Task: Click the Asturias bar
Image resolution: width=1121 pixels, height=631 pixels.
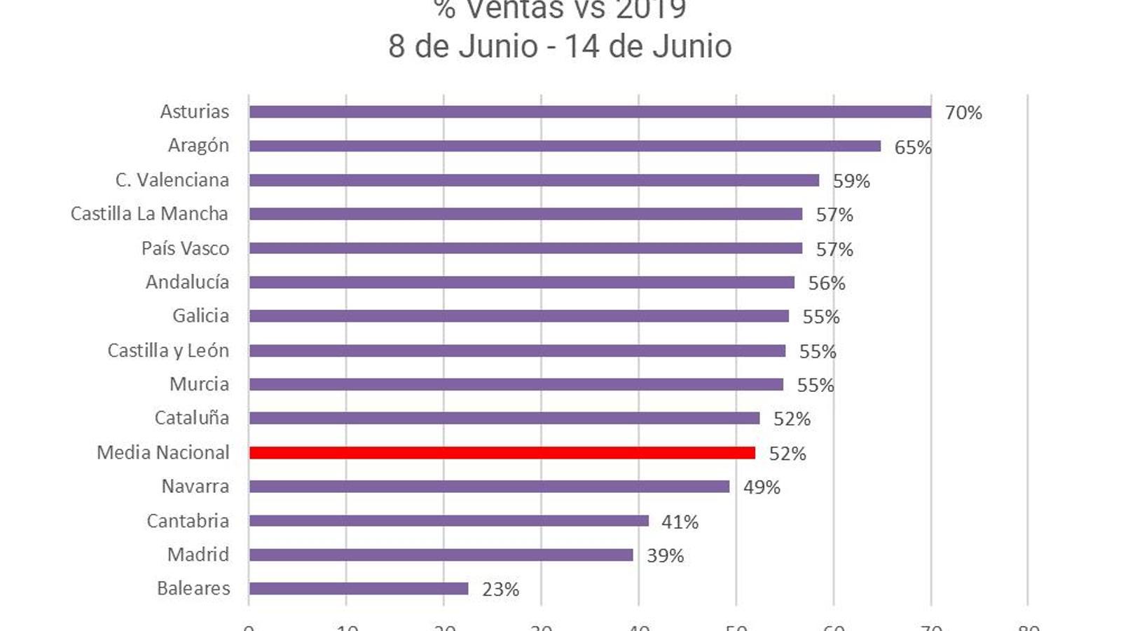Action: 590,112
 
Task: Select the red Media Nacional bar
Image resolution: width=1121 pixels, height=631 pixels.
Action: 502,453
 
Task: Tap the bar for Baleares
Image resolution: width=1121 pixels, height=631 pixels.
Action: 359,589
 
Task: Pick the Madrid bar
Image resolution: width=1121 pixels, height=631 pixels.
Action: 441,555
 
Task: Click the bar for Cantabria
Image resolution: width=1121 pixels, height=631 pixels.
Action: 448,521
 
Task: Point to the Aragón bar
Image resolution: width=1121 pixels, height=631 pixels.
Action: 565,146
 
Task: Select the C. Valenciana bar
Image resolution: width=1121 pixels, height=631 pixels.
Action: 534,180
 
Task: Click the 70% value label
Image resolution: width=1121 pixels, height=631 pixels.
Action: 963,113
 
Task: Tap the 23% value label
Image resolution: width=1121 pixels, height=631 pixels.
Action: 500,590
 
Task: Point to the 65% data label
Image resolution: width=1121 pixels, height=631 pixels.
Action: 912,147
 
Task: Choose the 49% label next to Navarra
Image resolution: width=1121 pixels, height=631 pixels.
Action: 762,487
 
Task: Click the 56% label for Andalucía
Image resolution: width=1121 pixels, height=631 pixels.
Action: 827,283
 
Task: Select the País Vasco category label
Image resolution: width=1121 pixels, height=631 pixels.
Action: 185,249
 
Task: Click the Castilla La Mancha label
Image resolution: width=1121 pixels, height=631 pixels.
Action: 149,214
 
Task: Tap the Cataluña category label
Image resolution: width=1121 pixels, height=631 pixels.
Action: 191,418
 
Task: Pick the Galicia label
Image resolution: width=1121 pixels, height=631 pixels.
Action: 200,316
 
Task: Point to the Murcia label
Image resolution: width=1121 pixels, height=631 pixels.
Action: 199,384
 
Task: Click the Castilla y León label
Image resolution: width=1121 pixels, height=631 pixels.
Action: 168,351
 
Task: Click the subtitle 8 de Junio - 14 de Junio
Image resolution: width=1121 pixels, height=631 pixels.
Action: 560,47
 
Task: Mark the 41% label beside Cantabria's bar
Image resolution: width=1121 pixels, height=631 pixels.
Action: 680,522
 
